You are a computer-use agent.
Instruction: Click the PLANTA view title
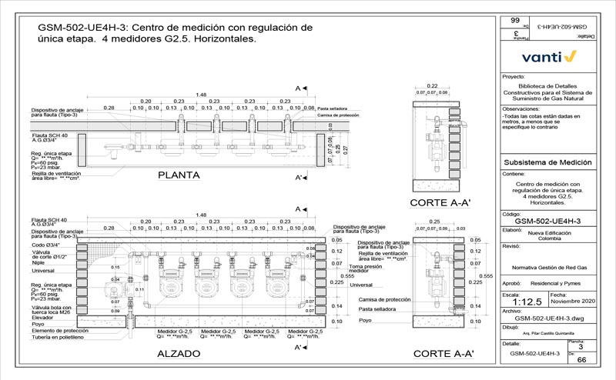[x=179, y=175]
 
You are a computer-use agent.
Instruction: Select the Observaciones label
[x=523, y=109]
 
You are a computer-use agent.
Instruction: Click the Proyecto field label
[x=513, y=78]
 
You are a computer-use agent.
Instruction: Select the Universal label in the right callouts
[x=361, y=285]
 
